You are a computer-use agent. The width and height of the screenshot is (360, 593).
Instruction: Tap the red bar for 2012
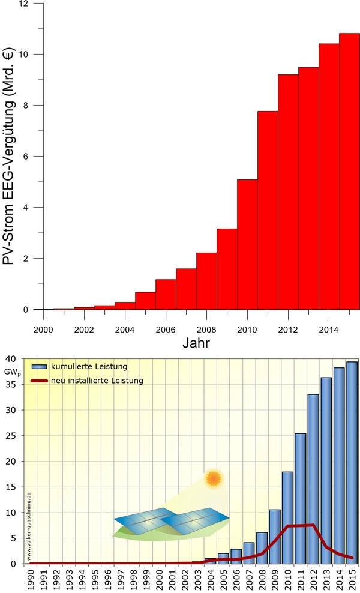288,192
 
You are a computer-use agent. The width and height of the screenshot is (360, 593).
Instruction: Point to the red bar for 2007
186,289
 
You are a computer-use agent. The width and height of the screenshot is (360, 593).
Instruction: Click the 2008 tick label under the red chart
206,330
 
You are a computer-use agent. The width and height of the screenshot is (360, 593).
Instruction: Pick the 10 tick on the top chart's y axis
22,54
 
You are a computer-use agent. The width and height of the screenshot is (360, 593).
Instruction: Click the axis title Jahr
196,343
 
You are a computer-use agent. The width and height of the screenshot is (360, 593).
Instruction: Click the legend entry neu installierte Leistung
98,380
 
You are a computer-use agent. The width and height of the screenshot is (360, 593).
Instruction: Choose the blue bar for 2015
352,462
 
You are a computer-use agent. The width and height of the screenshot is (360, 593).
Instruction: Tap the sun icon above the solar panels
212,478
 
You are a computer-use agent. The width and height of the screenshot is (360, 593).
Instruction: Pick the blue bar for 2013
326,471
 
